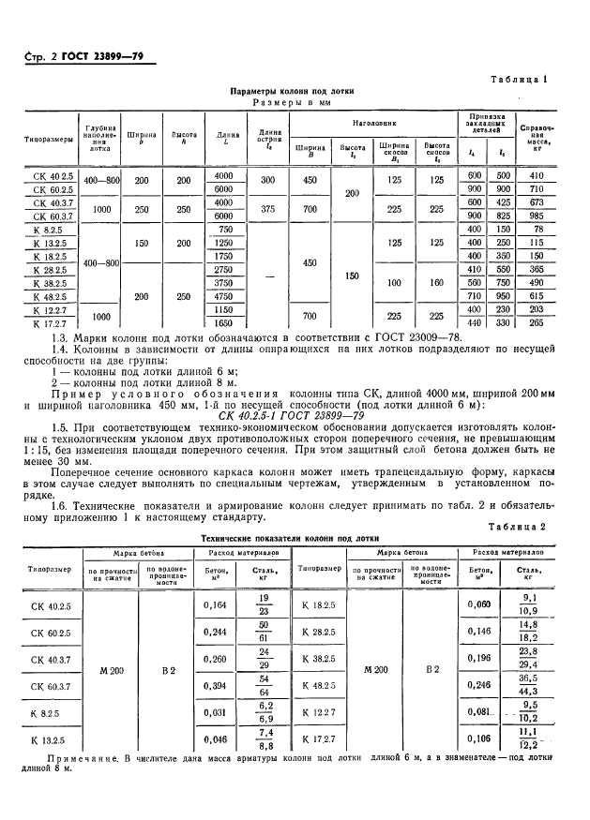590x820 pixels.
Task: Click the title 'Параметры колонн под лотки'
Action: pyautogui.click(x=293, y=92)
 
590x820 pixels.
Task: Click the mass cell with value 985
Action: pyautogui.click(x=538, y=216)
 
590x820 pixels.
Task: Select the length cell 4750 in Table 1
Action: pyautogui.click(x=223, y=296)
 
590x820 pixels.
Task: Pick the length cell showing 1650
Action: pyautogui.click(x=223, y=323)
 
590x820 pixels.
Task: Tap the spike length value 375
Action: pyautogui.click(x=268, y=209)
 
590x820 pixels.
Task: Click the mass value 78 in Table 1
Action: pyautogui.click(x=538, y=229)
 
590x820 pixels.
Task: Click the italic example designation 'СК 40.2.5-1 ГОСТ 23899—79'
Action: pyautogui.click(x=295, y=415)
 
